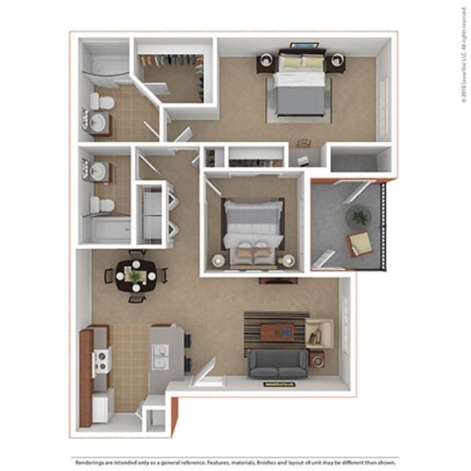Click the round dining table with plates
[x=135, y=276]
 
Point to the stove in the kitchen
[x=101, y=360]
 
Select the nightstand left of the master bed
[x=267, y=63]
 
